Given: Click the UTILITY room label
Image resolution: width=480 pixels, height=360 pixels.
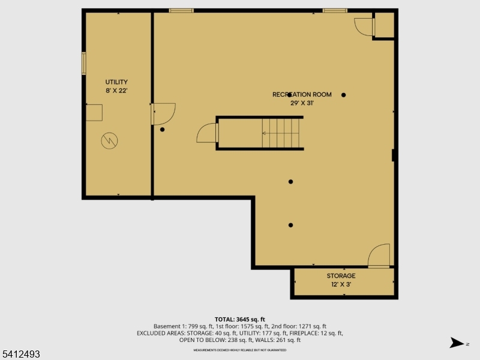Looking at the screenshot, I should tap(116, 82).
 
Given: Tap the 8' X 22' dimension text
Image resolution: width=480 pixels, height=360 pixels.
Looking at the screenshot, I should tap(116, 91).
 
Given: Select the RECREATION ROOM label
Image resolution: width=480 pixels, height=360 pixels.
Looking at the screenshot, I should tap(302, 95).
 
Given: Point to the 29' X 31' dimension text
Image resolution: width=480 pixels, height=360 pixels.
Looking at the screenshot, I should tap(302, 103).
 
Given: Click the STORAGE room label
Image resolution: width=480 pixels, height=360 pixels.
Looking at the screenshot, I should tap(341, 276).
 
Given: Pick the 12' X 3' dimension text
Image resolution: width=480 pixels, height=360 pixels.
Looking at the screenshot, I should tap(341, 284).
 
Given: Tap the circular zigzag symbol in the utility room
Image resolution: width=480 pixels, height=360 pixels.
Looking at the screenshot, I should tap(110, 141).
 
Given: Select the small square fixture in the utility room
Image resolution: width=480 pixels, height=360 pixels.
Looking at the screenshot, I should tap(94, 112).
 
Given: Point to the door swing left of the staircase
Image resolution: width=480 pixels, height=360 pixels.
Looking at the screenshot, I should tap(207, 133).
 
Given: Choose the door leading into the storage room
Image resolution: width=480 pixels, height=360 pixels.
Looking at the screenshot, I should tap(379, 256).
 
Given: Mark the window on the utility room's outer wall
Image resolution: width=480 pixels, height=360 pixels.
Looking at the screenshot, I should tap(84, 64).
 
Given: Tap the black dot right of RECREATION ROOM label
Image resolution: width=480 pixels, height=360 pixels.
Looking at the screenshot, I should tap(344, 95).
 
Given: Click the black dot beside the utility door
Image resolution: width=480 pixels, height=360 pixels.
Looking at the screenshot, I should tap(162, 130).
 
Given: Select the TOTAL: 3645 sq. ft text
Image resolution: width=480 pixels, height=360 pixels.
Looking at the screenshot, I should tap(240, 319).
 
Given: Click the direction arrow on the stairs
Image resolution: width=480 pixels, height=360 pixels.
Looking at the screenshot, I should tap(265, 133).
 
